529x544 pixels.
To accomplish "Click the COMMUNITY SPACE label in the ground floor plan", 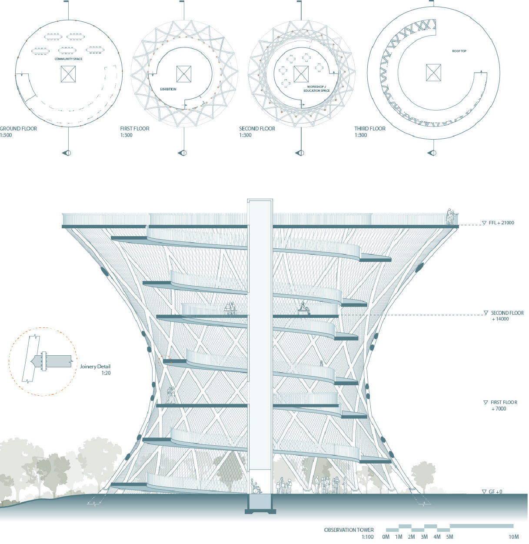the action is [x=69, y=59].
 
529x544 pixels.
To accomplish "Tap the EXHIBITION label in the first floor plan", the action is [x=168, y=89].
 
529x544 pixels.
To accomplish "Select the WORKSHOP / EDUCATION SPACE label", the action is [x=316, y=89].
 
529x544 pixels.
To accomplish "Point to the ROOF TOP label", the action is [x=459, y=51].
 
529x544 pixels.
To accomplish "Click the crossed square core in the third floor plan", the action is [x=433, y=73].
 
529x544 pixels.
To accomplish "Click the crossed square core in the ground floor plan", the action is [x=68, y=74].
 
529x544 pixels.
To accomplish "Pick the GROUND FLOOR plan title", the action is [x=18, y=129].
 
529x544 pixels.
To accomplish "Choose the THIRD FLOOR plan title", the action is [x=370, y=129].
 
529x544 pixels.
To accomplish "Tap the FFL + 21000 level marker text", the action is [x=501, y=223].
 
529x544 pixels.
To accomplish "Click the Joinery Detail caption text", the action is [x=95, y=367].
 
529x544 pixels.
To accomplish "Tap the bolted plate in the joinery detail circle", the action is [x=43, y=361].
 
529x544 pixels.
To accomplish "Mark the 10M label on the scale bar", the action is [x=513, y=537].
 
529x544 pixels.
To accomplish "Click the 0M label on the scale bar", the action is [x=386, y=537].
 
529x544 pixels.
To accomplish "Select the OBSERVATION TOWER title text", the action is [x=349, y=530].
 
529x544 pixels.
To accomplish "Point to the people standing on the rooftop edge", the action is [x=450, y=217].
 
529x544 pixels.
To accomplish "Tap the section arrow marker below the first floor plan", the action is [x=182, y=153].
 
